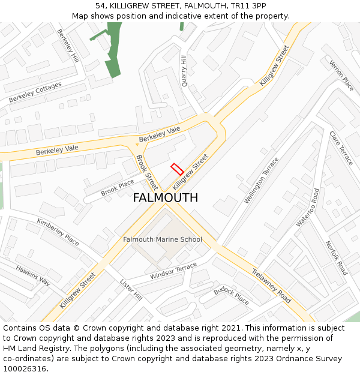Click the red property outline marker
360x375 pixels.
tap(177, 169)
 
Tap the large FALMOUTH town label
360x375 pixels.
tap(165, 198)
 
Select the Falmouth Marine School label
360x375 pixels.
tap(162, 239)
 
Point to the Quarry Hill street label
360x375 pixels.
tap(185, 71)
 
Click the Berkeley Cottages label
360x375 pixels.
tap(35, 92)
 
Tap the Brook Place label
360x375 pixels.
tap(118, 188)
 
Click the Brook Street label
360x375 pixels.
tap(147, 172)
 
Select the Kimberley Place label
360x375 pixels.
tap(58, 232)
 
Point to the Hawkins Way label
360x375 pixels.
tap(33, 275)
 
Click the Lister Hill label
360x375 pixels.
tap(130, 290)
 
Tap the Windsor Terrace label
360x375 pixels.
tap(173, 270)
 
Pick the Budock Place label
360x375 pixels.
tap(231, 295)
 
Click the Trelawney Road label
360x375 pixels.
tap(271, 285)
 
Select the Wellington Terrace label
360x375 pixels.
tap(262, 180)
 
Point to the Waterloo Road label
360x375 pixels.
tap(308, 208)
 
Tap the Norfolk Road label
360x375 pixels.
tap(336, 258)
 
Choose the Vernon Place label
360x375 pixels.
tap(341, 76)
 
